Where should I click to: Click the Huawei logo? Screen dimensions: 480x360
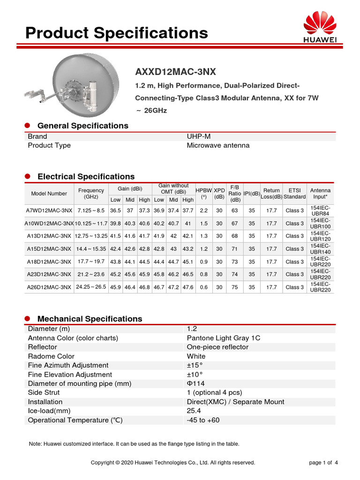coord(321,27)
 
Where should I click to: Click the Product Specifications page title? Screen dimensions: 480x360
coord(116,33)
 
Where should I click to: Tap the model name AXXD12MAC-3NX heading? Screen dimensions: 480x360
coord(175,72)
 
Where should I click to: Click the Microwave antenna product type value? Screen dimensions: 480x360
coord(218,145)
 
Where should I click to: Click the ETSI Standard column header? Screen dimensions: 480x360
coord(294,194)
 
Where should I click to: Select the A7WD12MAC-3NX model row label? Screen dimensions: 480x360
coord(49,210)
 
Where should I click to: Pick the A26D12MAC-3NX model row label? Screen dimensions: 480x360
coord(49,287)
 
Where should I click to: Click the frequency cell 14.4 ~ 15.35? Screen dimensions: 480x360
coord(91,249)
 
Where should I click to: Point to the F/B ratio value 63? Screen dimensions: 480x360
coord(235,210)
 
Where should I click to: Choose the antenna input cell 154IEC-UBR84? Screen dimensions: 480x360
coord(321,210)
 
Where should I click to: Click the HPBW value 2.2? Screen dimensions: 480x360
coord(203,210)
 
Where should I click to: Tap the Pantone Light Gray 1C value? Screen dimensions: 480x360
coord(223,338)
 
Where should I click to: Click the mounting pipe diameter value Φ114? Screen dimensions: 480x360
coord(195,383)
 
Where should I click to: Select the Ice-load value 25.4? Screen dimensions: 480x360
coord(194,411)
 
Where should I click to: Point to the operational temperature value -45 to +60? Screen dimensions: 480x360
coord(203,420)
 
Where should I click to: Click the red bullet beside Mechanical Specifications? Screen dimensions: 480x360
coord(27,319)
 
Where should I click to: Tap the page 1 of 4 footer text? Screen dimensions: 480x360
coord(323,463)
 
